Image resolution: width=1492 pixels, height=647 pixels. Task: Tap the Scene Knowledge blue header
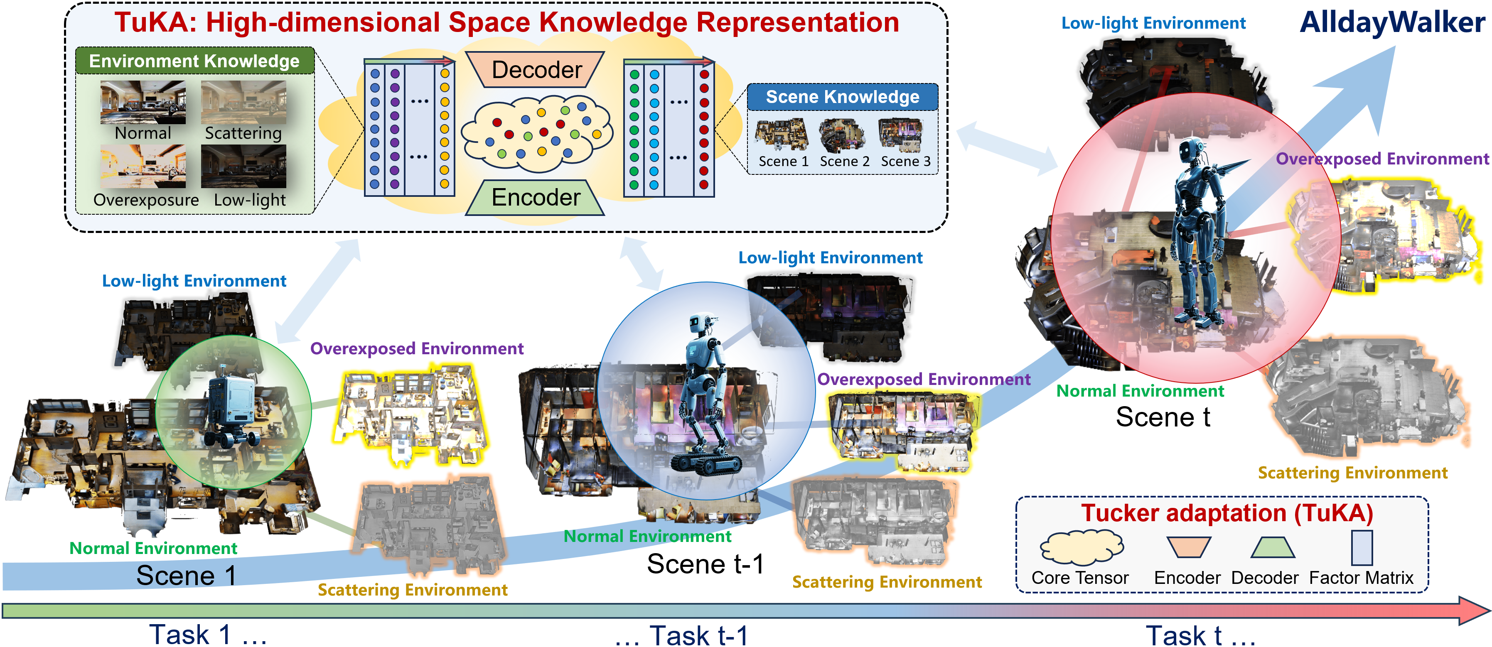842,97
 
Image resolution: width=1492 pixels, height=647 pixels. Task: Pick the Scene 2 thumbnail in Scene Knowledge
843,135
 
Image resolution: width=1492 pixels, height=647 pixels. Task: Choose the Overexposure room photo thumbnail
143,167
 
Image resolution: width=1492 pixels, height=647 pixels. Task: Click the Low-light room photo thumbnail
243,167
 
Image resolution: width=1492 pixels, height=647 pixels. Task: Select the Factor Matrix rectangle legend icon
1362,547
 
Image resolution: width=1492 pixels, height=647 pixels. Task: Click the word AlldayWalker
1392,23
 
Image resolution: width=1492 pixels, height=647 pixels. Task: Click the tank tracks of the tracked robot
705,463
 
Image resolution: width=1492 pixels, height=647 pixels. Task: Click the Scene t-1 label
705,564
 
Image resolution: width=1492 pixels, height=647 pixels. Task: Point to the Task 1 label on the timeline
191,635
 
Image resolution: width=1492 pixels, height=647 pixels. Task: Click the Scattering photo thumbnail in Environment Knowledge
243,103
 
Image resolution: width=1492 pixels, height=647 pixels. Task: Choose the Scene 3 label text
905,162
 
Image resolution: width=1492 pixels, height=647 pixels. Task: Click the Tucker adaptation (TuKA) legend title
1227,513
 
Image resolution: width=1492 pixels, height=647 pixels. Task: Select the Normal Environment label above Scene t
1140,391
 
